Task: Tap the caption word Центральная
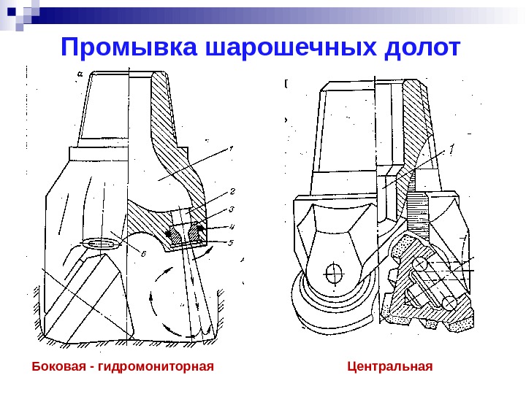(390, 365)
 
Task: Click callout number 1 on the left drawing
(230, 149)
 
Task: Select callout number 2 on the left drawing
(232, 192)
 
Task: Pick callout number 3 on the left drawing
(232, 209)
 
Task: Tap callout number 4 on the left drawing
(232, 226)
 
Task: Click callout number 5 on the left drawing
(232, 242)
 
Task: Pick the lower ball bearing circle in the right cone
(449, 301)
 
